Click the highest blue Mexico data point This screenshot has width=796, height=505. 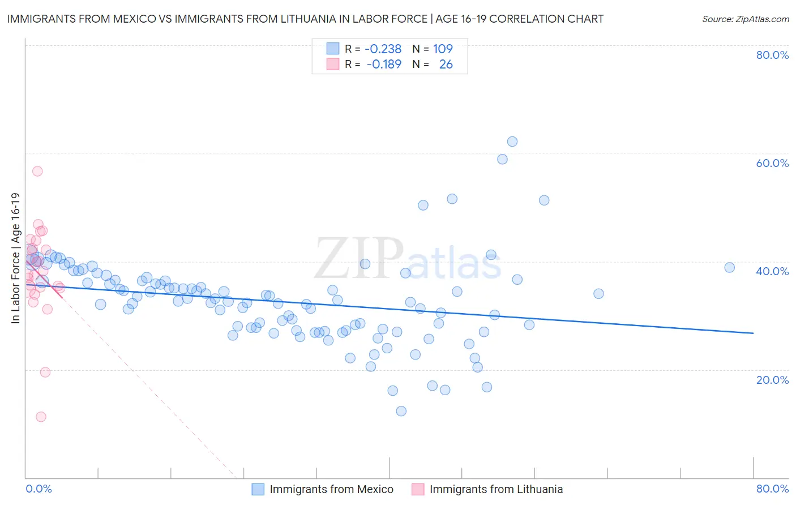[x=512, y=142]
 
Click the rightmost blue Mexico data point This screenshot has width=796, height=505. [x=729, y=267]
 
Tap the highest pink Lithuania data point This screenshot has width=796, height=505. [x=37, y=171]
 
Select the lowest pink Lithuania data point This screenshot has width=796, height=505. [x=41, y=417]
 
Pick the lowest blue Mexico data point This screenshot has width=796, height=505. [x=401, y=411]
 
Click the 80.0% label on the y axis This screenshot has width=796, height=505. [x=772, y=55]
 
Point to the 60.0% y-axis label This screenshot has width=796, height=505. [x=772, y=163]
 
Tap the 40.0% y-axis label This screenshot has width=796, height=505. [x=772, y=271]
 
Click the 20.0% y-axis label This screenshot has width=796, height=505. [x=772, y=380]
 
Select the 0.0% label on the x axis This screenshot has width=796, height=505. [x=38, y=489]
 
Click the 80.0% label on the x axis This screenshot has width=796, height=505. [x=772, y=489]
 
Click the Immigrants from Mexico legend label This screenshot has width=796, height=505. [x=331, y=489]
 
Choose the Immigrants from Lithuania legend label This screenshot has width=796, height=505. [x=496, y=489]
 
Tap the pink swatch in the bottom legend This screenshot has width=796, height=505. [x=418, y=489]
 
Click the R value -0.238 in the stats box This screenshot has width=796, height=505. [x=383, y=49]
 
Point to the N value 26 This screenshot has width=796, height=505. [x=446, y=65]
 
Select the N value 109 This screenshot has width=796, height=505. [x=443, y=49]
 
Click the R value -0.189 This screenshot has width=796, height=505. [x=384, y=65]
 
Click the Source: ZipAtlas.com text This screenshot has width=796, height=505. [x=745, y=19]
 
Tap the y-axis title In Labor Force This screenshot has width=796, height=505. [x=16, y=258]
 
